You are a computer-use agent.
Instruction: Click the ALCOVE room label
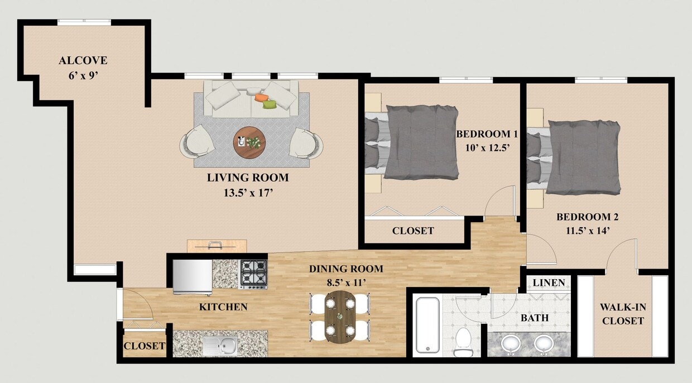83,60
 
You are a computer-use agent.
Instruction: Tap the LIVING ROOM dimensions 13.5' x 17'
248,194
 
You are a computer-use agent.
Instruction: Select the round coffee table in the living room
249,143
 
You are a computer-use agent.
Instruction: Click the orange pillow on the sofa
261,98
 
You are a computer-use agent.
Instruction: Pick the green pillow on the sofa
270,104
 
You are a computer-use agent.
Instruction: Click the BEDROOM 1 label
487,134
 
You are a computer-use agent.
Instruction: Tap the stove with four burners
253,274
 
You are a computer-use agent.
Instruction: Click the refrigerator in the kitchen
193,276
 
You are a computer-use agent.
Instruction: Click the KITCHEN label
223,307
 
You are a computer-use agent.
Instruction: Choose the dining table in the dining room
339,317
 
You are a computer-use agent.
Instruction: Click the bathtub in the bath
429,326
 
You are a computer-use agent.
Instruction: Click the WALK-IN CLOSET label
622,314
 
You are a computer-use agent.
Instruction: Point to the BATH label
535,318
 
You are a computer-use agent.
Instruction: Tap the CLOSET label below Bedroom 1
413,231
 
